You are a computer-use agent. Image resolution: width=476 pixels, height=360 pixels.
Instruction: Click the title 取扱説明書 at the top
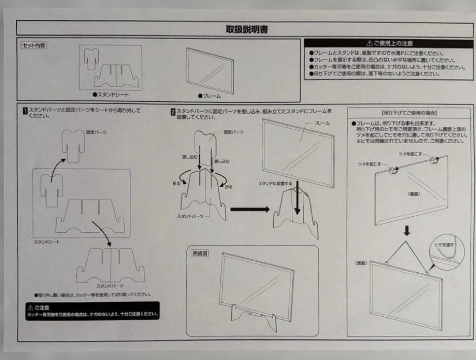point(247,30)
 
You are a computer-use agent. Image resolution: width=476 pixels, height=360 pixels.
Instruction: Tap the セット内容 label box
point(33,45)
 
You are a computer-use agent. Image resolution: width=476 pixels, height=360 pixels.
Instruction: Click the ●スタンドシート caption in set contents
point(111,94)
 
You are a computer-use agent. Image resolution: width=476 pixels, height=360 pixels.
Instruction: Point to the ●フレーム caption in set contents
point(209,96)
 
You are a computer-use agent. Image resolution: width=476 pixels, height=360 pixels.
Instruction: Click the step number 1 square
point(26,110)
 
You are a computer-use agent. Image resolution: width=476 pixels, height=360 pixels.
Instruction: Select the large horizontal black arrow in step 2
point(249,209)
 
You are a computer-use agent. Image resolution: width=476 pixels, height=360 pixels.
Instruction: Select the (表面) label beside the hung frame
point(361,263)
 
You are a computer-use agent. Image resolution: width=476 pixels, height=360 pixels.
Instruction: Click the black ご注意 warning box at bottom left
point(92,311)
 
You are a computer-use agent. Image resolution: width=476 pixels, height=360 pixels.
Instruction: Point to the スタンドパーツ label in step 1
point(110,286)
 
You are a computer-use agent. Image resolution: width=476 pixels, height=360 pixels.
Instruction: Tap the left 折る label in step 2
point(177,183)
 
